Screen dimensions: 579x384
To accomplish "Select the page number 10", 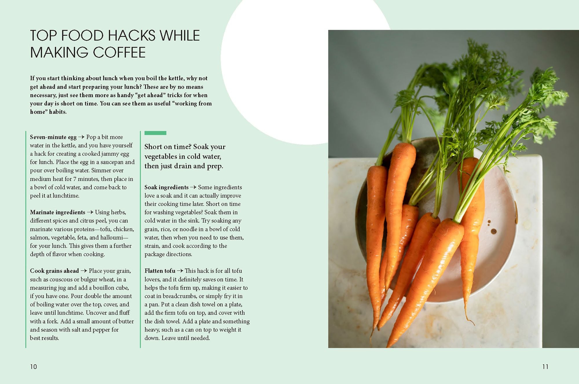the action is pos(34,367).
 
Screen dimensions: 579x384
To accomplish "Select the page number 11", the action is pos(545,367).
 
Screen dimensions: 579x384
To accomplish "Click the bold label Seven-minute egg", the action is pos(53,137).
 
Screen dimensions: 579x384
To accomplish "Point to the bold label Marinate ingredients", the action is pos(58,212).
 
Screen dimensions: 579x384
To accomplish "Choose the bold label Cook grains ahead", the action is pos(54,271).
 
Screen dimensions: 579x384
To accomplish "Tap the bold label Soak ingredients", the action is pos(166,188).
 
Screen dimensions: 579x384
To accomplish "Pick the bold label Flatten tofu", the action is pos(160,271).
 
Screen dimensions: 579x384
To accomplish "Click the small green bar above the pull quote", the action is pos(155,133).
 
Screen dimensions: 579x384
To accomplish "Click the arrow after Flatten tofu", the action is pos(180,271).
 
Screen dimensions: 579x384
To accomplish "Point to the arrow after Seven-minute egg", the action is pos(81,137).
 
